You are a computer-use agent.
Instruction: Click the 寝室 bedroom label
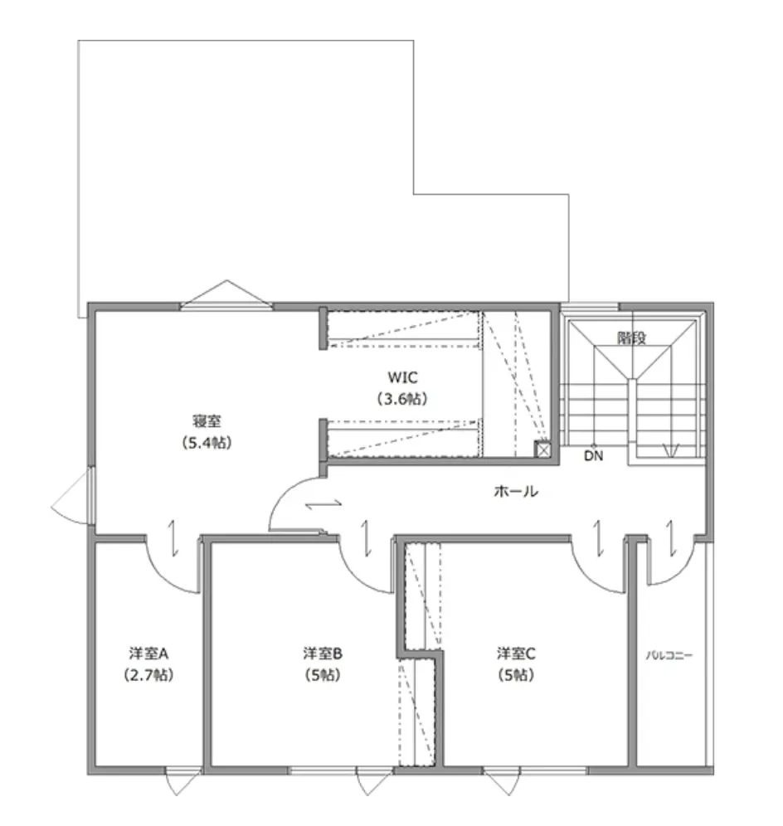point(206,421)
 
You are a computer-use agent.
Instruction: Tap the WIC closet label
point(402,377)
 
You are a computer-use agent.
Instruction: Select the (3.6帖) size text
point(402,399)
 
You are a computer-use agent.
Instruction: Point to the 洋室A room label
point(148,654)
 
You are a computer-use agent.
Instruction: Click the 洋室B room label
point(323,654)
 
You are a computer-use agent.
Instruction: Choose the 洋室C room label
point(516,654)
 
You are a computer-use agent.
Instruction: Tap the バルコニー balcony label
point(669,656)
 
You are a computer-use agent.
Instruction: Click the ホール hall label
point(516,492)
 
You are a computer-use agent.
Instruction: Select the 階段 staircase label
point(632,338)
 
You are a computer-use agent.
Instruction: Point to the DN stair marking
point(593,455)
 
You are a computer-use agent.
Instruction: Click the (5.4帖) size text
point(206,443)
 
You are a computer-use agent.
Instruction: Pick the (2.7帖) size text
point(148,675)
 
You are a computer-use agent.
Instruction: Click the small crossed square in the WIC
point(542,449)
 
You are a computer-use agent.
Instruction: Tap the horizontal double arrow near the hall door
point(323,505)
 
